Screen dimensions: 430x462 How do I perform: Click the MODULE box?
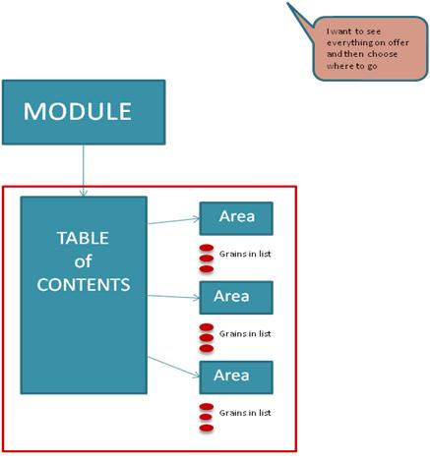coord(84,112)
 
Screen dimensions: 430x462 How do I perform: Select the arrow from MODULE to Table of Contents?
coord(84,171)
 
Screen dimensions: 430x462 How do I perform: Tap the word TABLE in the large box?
coord(83,238)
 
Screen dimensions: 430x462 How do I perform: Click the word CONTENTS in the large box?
coord(84,284)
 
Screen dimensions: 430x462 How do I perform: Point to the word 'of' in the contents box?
coord(83,261)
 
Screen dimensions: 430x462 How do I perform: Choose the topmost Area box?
coord(236,218)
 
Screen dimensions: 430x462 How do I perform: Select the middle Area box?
coord(236,298)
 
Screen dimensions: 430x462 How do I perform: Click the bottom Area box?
coord(236,377)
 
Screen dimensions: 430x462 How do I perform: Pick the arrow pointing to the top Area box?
coord(173,221)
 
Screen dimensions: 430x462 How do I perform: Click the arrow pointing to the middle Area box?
coord(173,297)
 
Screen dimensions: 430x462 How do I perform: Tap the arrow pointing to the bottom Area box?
coord(173,367)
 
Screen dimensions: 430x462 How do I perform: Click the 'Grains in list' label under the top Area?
coord(245,254)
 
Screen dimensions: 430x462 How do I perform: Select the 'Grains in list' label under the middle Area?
coord(245,334)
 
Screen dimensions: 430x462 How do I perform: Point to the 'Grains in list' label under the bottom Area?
coord(245,413)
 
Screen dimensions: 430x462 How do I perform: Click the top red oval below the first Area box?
coord(207,248)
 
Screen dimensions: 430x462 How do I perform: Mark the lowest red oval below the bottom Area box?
coord(207,428)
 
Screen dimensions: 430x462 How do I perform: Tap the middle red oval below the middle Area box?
coord(207,337)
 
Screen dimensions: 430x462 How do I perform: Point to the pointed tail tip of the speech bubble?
coord(287,3)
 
